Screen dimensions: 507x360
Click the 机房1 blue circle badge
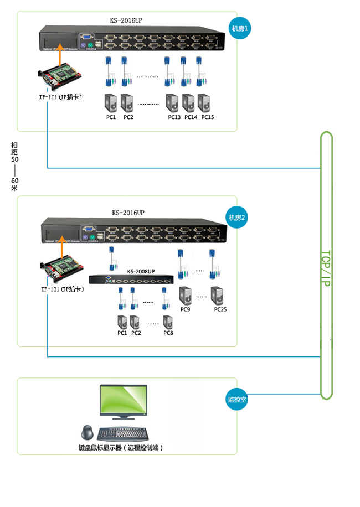coord(240,28)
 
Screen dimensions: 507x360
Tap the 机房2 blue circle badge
coord(238,218)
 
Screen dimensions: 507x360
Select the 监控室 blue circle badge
coord(237,399)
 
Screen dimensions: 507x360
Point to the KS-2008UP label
coord(141,271)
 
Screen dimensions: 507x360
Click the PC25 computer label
coord(220,309)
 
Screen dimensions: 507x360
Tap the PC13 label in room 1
coord(174,117)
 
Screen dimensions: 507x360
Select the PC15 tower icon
coord(204,104)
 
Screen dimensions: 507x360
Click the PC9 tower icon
coord(186,294)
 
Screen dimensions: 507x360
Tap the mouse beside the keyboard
coord(87,432)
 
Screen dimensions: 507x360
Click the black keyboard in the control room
coord(122,433)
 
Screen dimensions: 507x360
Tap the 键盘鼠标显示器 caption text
coord(121,447)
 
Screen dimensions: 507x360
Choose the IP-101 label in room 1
coord(60,97)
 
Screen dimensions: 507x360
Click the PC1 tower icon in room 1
coord(111,104)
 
